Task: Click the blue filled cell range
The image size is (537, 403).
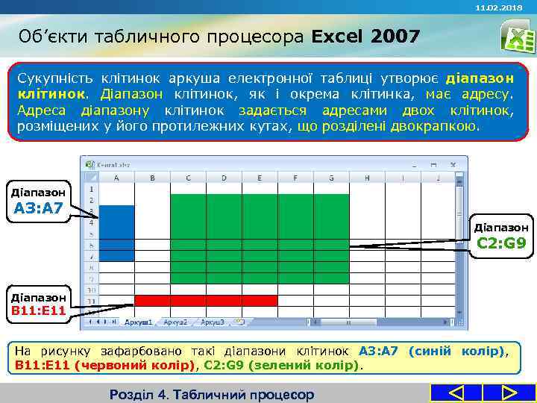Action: click(x=116, y=233)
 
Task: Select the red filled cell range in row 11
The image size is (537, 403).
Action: click(x=205, y=300)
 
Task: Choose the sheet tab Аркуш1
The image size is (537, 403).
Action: click(x=138, y=322)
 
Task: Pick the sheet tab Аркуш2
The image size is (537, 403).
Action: click(x=175, y=322)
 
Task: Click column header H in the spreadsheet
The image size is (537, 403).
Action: click(x=367, y=178)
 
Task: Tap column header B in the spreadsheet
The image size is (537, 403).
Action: click(x=152, y=178)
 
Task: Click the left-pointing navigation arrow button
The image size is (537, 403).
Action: click(x=456, y=393)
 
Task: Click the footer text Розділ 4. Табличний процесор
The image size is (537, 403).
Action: click(x=212, y=394)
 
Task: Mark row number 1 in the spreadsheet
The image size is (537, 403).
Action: click(x=90, y=189)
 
